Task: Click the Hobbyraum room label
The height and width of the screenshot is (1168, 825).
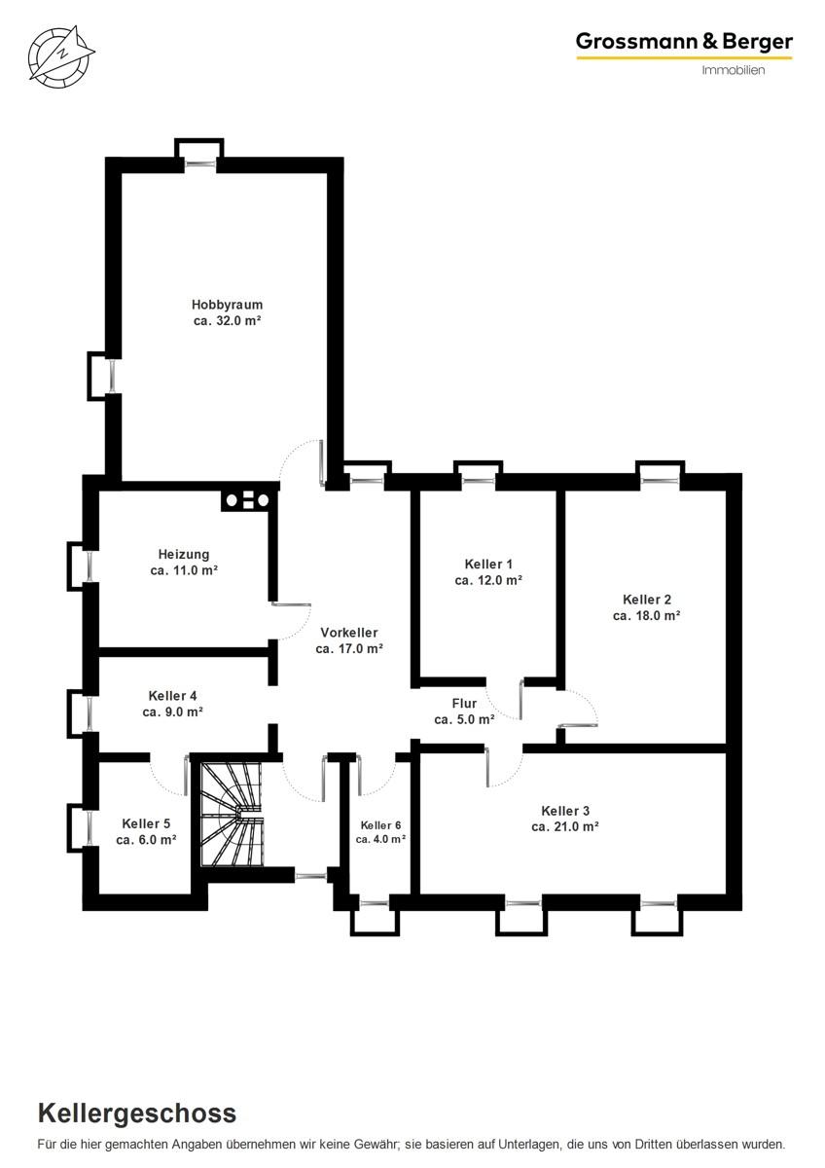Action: tap(227, 305)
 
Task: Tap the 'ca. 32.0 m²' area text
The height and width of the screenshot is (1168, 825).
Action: tap(227, 320)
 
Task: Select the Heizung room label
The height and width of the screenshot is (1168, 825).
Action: tap(184, 554)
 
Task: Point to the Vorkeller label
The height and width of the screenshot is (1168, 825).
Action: tap(349, 633)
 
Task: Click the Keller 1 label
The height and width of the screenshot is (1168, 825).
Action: tap(488, 564)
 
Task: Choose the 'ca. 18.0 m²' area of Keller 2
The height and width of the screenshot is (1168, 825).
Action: tap(646, 616)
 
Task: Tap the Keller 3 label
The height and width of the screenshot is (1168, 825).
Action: tap(565, 811)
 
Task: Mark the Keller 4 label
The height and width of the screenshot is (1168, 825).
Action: tap(172, 696)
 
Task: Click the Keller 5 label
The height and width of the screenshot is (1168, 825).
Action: tap(146, 823)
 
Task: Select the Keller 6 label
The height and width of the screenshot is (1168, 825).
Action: tap(380, 825)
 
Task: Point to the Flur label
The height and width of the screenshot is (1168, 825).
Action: tap(464, 704)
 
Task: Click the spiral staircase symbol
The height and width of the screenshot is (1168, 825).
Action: tap(233, 815)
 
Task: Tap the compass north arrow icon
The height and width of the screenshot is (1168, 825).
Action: tap(61, 55)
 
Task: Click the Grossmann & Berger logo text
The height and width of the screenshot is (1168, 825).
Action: tap(684, 42)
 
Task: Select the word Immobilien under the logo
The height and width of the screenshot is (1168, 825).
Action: tap(734, 70)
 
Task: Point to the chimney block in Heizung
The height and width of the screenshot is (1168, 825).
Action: tap(247, 500)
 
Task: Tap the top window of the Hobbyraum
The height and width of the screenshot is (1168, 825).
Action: tap(200, 164)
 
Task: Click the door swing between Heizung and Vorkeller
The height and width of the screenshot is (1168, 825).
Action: tap(291, 622)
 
